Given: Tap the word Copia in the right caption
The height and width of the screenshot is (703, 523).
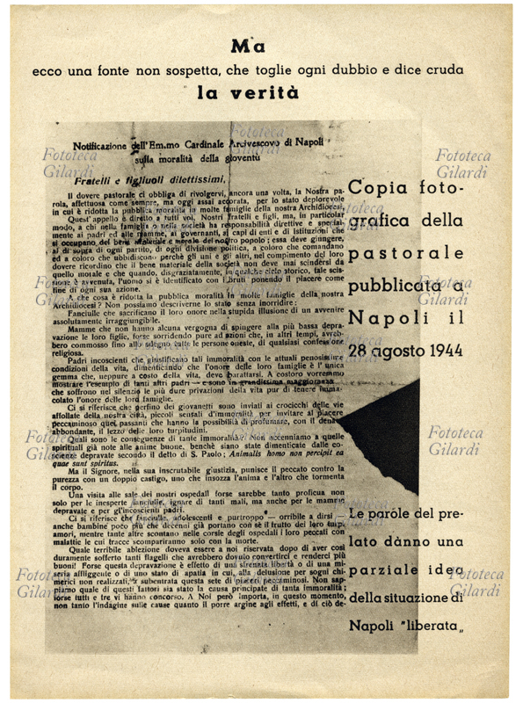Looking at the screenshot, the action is point(375,187).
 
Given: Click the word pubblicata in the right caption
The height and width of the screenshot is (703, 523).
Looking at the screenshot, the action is point(396,286).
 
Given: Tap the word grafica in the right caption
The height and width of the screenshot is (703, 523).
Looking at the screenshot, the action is point(381,221).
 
